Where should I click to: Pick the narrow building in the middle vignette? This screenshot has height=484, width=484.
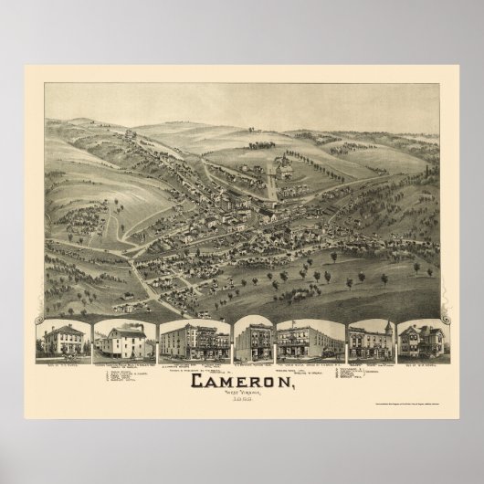coord(252,342)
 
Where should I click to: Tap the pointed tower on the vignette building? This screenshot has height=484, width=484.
coord(387,328)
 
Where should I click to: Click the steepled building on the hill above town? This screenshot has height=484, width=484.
coord(284,167)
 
